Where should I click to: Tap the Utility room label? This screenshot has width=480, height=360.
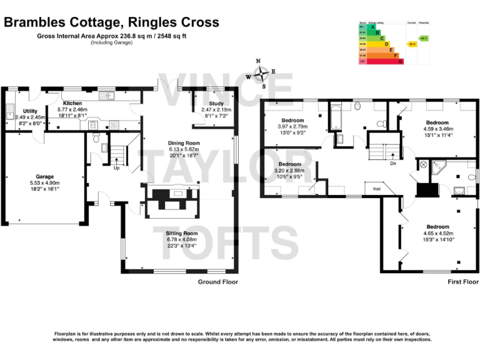pos(30,111)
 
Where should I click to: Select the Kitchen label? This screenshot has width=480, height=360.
pos(72,102)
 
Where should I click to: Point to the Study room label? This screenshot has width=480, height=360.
pos(216,104)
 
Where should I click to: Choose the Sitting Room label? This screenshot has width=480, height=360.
pos(181,232)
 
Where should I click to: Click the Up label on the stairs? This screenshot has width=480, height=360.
pos(116,167)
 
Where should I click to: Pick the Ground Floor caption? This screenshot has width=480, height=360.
pos(218,282)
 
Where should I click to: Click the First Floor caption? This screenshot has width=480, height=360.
pos(462,282)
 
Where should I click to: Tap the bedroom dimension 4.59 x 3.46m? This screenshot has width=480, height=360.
pos(437,129)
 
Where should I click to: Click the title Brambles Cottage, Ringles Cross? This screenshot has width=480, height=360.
pos(112,22)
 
